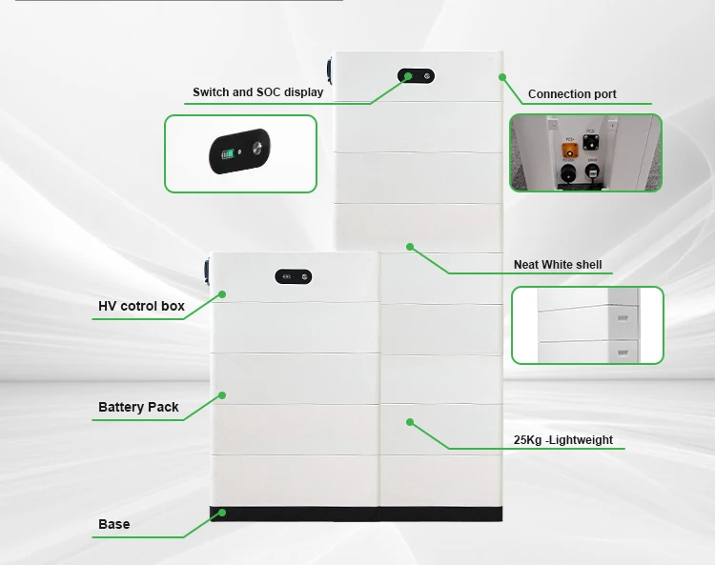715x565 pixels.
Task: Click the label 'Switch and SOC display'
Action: [257, 92]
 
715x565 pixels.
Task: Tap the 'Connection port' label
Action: [572, 94]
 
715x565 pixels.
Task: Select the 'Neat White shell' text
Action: [558, 265]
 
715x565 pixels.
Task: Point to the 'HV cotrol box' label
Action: [141, 307]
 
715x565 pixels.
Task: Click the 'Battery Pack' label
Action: [138, 407]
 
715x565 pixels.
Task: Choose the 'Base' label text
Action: [114, 524]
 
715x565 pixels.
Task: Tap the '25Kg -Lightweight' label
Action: [562, 440]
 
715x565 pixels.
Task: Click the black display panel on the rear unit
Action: [418, 75]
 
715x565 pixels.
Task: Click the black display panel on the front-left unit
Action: [294, 276]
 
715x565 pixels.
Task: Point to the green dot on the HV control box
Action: [222, 294]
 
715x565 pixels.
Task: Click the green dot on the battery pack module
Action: [222, 394]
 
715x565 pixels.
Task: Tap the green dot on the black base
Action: [221, 513]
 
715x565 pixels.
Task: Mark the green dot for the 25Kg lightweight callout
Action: [410, 421]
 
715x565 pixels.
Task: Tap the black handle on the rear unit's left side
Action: [328, 72]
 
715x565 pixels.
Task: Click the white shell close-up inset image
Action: [587, 325]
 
